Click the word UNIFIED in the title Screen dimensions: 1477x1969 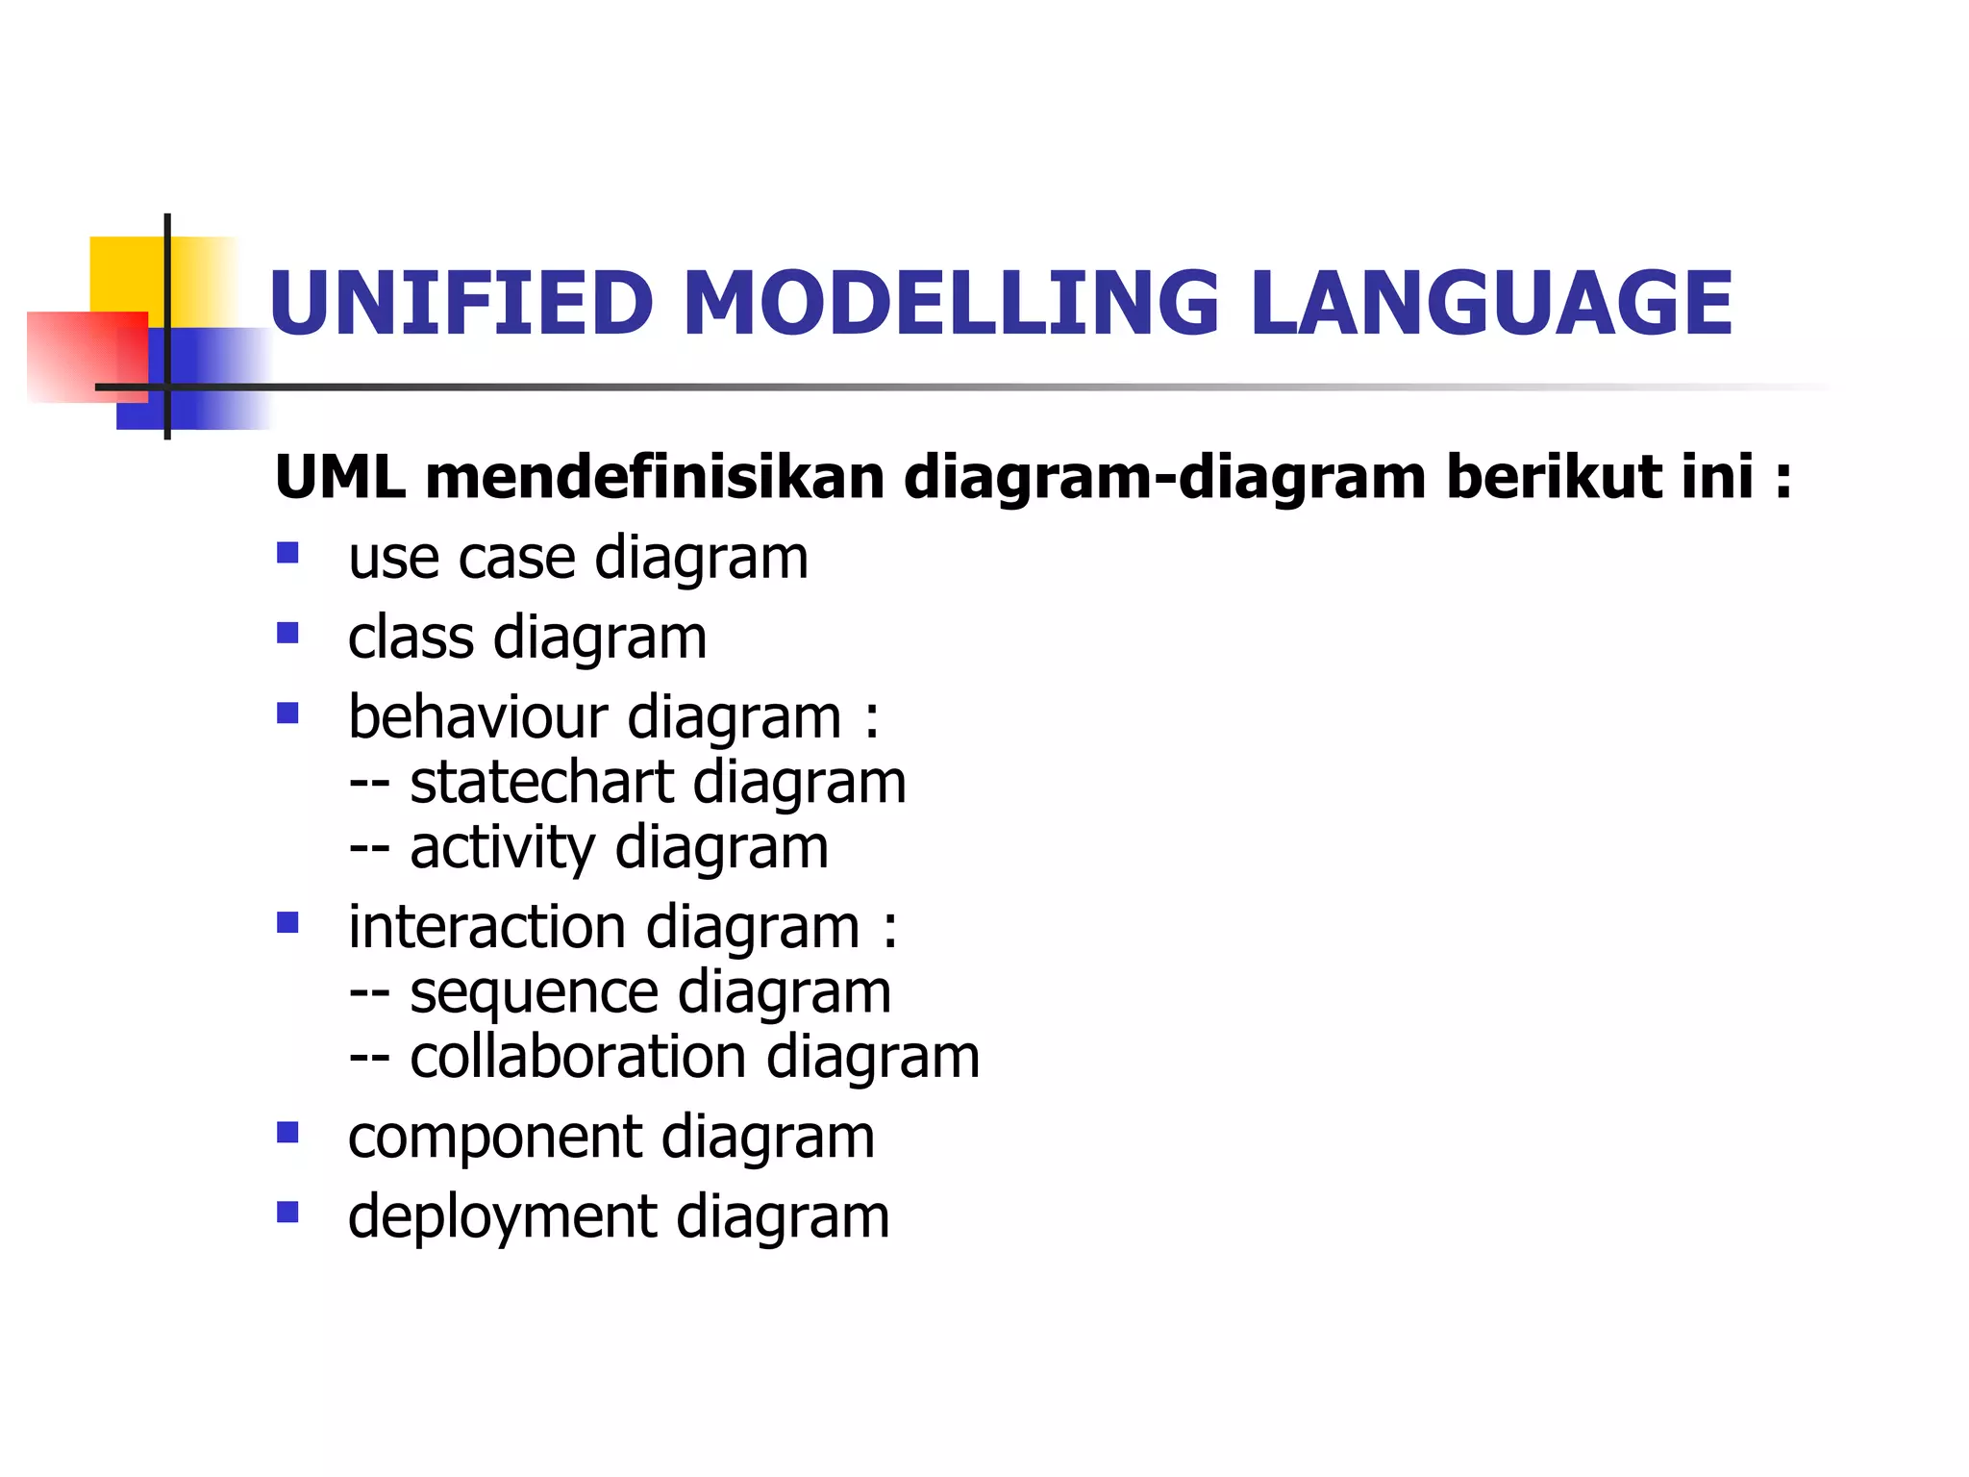[461, 303]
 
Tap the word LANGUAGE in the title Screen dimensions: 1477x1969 [1491, 303]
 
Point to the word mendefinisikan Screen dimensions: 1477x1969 [654, 477]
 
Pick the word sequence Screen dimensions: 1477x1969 [534, 993]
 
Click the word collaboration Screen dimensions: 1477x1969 [578, 1057]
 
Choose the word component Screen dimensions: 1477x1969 [494, 1139]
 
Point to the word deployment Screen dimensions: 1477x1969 [502, 1217]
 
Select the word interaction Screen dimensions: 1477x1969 [486, 927]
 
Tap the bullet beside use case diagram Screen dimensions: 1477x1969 [287, 553]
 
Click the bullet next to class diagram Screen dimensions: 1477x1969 [287, 633]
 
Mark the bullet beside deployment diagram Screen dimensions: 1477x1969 [287, 1212]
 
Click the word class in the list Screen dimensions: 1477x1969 [411, 638]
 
